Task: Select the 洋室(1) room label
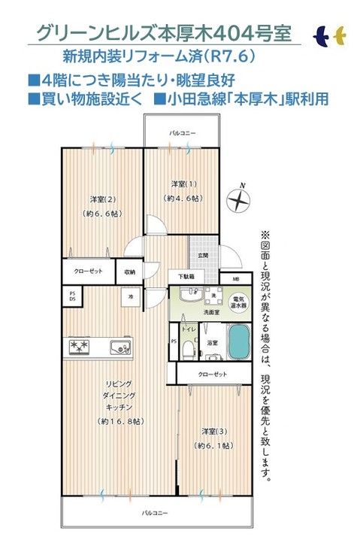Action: [183, 184]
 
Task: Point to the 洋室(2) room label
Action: [101, 199]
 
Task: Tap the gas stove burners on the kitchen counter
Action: [80, 347]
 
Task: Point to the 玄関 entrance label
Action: [203, 256]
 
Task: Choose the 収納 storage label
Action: [130, 272]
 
